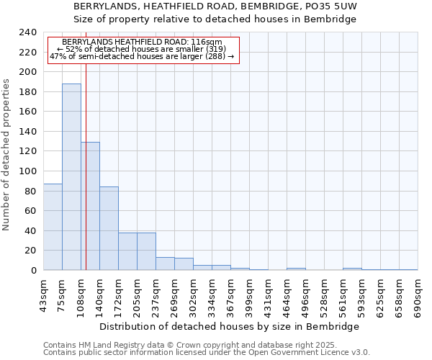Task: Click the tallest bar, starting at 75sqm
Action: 71,176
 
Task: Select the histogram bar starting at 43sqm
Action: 53,227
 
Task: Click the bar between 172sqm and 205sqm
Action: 127,251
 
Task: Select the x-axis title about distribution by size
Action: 229,326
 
